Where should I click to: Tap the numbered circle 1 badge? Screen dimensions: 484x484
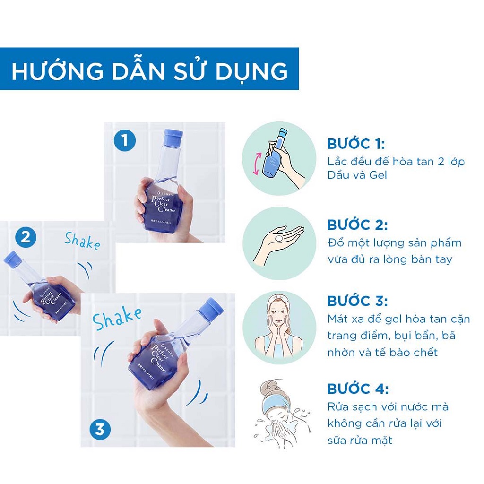tap(124, 141)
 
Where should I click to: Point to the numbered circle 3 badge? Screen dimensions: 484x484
tap(100, 430)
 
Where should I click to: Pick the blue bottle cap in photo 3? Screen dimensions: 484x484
tap(210, 309)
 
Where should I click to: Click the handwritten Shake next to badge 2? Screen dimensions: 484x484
tap(83, 241)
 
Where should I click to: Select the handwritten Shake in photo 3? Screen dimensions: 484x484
tap(117, 319)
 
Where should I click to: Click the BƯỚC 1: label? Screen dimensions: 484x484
tap(356, 144)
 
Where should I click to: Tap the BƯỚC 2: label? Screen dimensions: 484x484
tap(356, 225)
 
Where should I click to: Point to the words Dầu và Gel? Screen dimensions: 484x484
tap(357, 175)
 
